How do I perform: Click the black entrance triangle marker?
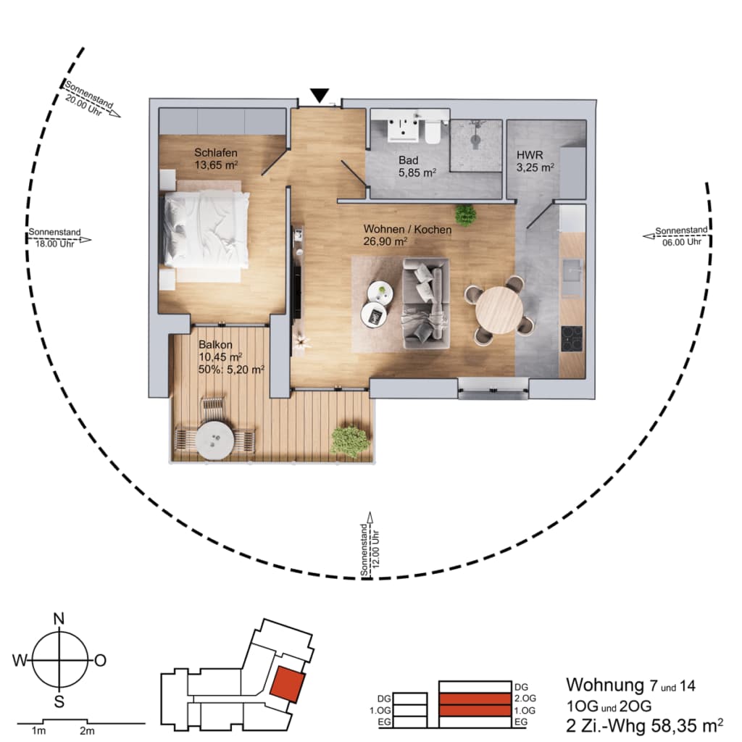(320, 95)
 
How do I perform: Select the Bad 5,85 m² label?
(417, 167)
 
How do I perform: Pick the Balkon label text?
(215, 344)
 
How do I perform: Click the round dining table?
(499, 310)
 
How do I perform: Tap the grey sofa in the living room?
(425, 304)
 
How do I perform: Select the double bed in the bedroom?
(206, 230)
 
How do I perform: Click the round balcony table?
(215, 441)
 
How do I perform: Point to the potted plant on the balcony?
(350, 441)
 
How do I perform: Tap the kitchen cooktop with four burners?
(572, 339)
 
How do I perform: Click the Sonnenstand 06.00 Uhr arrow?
(676, 235)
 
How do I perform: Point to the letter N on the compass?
(59, 619)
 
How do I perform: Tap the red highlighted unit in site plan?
(287, 684)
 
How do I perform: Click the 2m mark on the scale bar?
(87, 731)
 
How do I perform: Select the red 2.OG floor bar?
(475, 699)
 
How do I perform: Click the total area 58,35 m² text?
(687, 725)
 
